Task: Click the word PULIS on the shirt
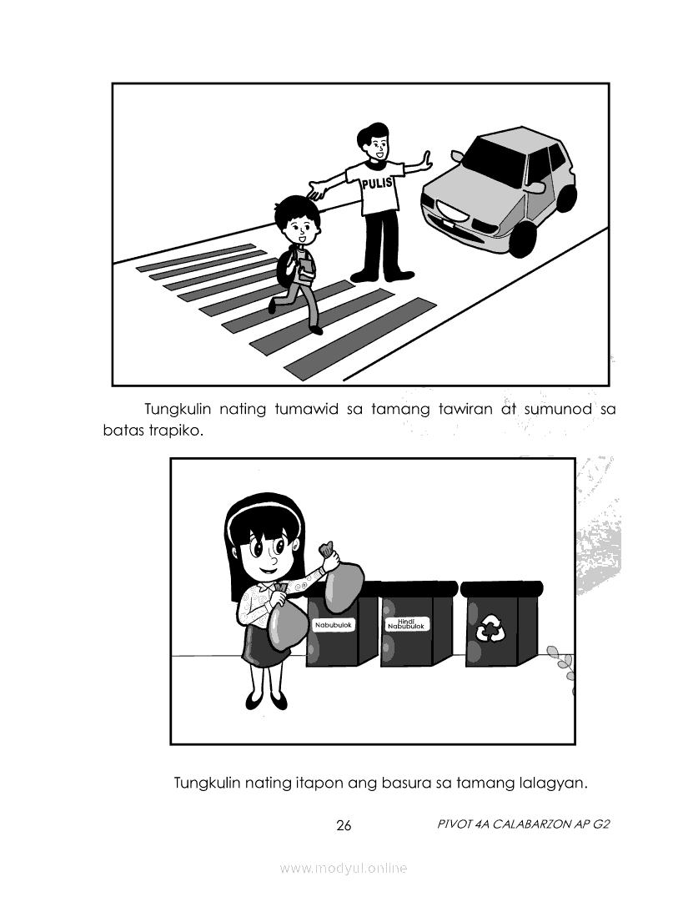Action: (x=378, y=183)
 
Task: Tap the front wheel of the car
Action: (x=523, y=239)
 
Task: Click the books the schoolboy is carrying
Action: (x=306, y=270)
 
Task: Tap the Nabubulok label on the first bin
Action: (x=334, y=625)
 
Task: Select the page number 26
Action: (x=344, y=825)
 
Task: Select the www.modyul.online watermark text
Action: (x=344, y=868)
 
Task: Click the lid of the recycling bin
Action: (x=501, y=588)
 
